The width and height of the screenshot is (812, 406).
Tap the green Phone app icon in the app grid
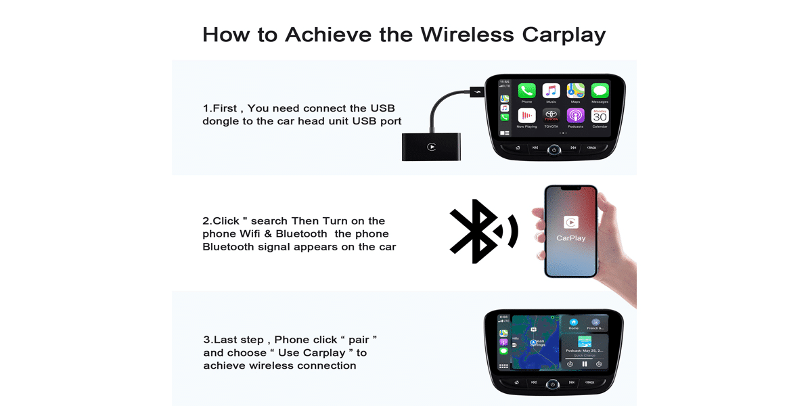(526, 91)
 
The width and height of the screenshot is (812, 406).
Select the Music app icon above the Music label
(551, 91)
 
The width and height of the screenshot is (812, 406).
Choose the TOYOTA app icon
(551, 116)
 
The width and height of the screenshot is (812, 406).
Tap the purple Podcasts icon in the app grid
(575, 116)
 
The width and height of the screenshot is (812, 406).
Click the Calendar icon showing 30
(600, 116)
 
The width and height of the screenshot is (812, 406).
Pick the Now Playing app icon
(526, 116)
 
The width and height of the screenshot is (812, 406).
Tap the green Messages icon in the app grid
(600, 91)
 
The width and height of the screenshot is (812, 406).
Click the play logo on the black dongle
(432, 147)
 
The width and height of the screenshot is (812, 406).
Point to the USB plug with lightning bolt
(476, 91)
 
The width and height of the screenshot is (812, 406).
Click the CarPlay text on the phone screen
(571, 238)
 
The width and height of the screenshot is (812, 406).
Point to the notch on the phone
(571, 189)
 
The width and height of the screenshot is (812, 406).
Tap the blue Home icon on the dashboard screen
(574, 322)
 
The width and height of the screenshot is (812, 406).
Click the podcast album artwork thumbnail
(584, 342)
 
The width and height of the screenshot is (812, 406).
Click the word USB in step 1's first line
(382, 108)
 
